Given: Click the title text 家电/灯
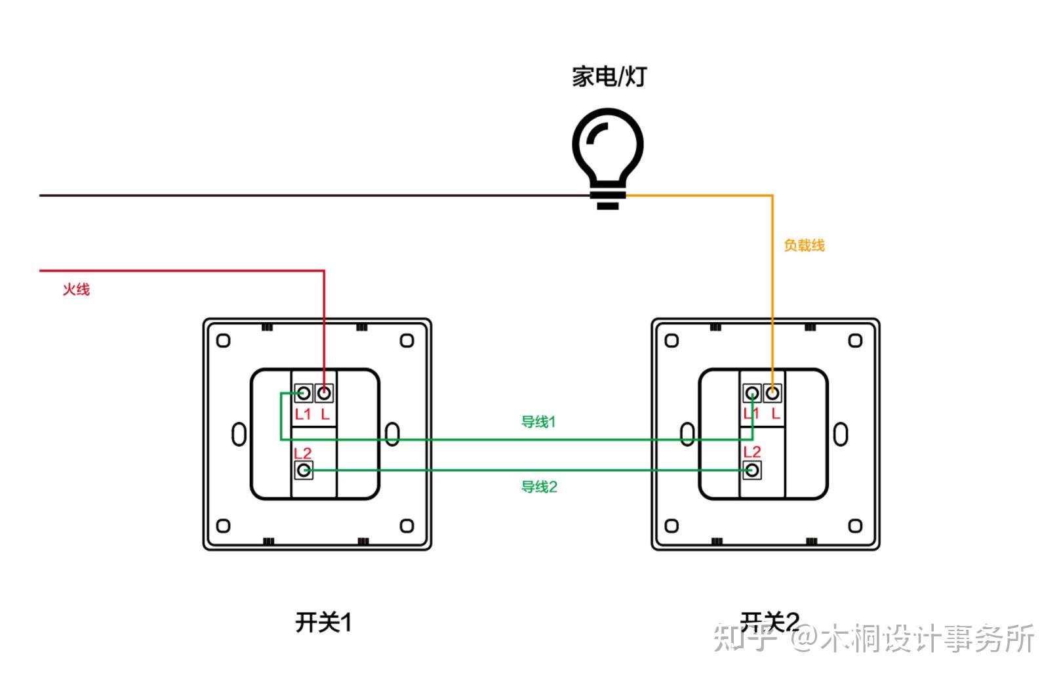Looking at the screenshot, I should pos(609,77).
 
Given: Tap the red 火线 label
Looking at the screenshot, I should pos(76,289).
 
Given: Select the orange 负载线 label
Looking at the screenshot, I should pos(804,245).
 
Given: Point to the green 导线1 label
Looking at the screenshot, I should pos(538,422).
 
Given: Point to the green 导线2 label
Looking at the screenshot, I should pos(539,487).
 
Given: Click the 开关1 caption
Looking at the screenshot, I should pos(323,622).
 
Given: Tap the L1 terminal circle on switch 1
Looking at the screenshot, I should pos(303,394).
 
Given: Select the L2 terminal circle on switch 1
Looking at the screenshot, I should pos(303,470).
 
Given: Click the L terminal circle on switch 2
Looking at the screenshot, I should pos(773,394).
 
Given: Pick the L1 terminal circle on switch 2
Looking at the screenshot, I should pos(752,394).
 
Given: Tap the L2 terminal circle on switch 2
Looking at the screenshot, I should pos(752,470).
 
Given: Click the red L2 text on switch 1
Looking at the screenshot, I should pos(302,453).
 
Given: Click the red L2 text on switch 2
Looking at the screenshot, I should pos(752,452).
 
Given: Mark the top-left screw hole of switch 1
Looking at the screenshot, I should pos(224,340).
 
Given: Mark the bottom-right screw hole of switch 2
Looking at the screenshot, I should pos(855,526).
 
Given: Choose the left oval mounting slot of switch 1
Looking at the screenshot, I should pos(239,434).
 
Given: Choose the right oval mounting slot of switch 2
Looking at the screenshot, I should pos(841,434).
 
